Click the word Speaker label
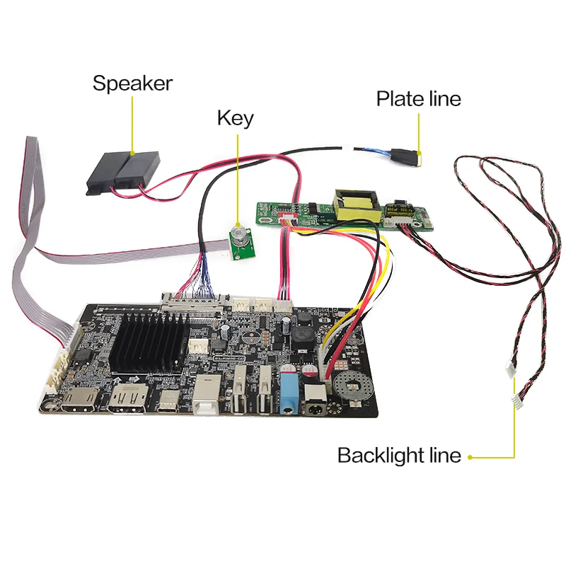pyautogui.click(x=132, y=83)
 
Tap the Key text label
pyautogui.click(x=235, y=118)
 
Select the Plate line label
pyautogui.click(x=418, y=99)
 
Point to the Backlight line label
pyautogui.click(x=399, y=456)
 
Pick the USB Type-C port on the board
pyautogui.click(x=168, y=403)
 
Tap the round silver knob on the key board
pyautogui.click(x=240, y=235)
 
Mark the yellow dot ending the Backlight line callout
pyautogui.click(x=470, y=456)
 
